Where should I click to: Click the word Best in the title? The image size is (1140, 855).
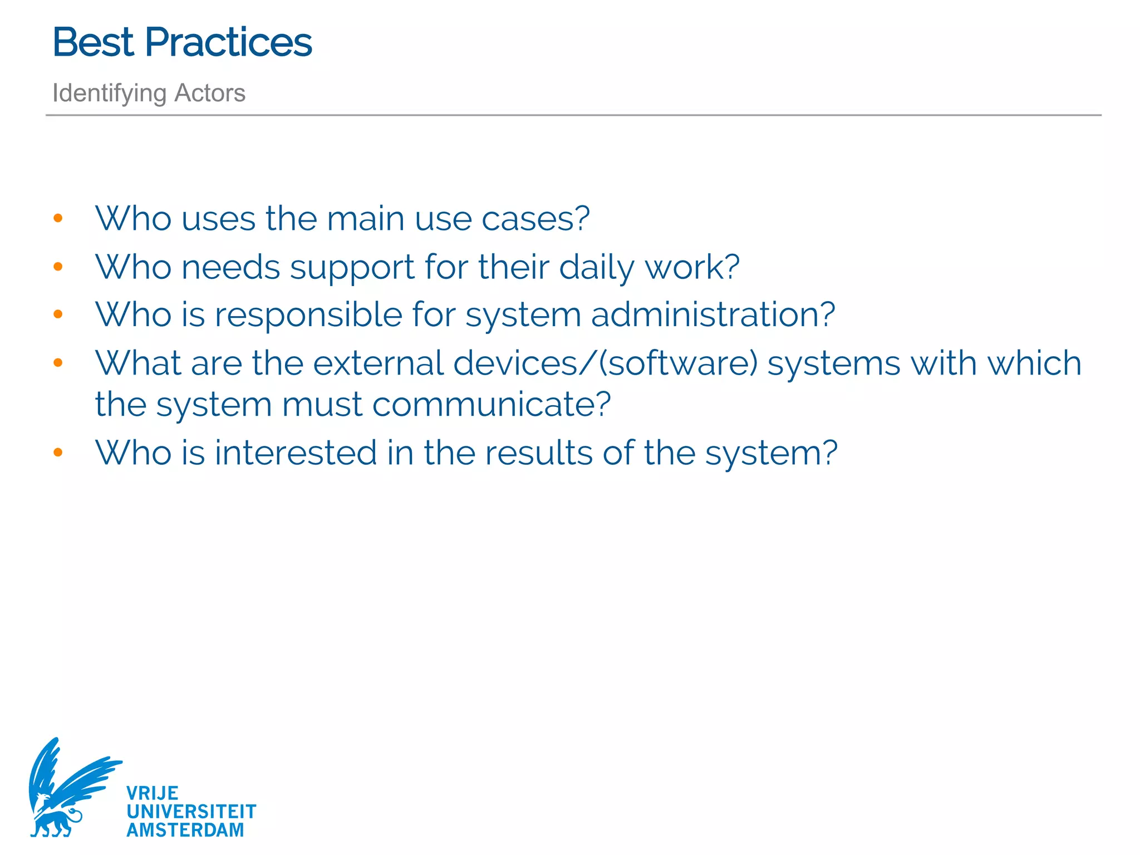(x=93, y=42)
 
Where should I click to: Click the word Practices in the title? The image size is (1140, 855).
(x=228, y=42)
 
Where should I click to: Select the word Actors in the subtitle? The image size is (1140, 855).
(x=210, y=93)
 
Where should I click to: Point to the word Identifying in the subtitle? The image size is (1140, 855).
(x=109, y=94)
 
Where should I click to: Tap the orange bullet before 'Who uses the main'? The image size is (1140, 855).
(x=58, y=218)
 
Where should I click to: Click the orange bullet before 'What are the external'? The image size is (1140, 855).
(x=58, y=363)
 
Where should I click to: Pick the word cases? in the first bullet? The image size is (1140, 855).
(x=535, y=218)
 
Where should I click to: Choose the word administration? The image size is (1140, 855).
(x=713, y=315)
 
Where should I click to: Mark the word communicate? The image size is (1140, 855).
(x=492, y=405)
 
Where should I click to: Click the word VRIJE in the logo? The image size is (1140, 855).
(x=152, y=793)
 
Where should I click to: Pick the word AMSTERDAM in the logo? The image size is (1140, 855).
(x=185, y=830)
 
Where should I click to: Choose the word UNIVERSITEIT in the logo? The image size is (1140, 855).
(x=191, y=812)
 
